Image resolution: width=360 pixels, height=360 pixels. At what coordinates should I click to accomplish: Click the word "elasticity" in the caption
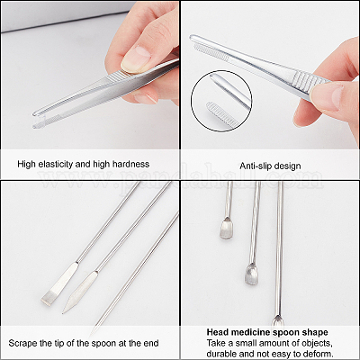(x=52, y=164)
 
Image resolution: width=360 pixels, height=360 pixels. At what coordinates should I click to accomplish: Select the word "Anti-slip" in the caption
(x=253, y=166)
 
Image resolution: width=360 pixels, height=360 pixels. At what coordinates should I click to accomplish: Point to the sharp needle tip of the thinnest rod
(x=91, y=334)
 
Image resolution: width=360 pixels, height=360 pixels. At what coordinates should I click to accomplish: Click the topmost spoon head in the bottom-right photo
(x=227, y=229)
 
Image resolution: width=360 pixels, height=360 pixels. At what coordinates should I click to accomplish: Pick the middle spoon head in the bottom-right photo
(x=251, y=274)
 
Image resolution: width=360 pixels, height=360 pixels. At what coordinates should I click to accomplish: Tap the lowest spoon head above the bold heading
(x=277, y=322)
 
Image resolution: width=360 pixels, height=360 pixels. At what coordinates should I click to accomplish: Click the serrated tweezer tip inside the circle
(x=222, y=114)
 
